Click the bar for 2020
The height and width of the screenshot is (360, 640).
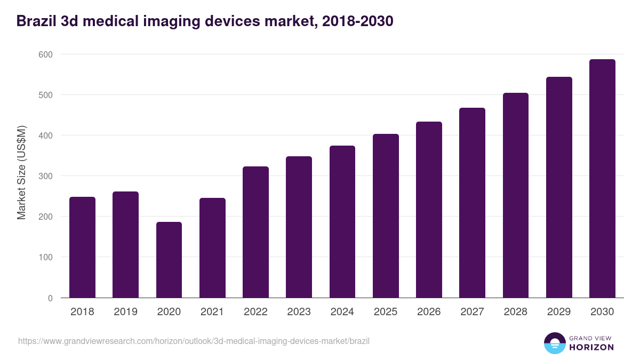coord(169,260)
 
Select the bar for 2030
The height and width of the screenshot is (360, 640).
coord(602,179)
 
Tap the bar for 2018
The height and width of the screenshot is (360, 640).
coord(82,247)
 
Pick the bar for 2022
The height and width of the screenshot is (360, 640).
coord(255,232)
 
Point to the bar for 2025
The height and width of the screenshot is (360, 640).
coord(386,216)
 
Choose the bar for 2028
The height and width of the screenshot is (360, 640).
coord(516,195)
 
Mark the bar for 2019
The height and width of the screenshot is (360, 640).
coord(125,245)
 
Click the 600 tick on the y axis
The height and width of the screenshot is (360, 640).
coord(45,54)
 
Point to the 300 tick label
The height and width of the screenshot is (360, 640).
coord(45,176)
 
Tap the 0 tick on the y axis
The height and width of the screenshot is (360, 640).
coord(50,298)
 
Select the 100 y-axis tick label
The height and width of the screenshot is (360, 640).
coord(45,257)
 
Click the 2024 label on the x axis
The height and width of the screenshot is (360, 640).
coord(342,312)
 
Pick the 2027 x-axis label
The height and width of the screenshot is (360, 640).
coord(472,312)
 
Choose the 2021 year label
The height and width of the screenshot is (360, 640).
coord(212,312)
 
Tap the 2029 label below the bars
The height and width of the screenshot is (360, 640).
coord(559,312)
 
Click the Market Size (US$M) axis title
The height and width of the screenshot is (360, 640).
coord(21,172)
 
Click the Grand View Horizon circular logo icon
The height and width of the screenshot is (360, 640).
coord(555,343)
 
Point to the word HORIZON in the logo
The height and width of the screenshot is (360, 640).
coord(591,347)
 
